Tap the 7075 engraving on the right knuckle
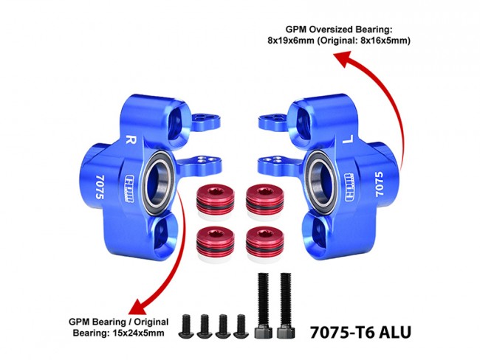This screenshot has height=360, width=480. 379,182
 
